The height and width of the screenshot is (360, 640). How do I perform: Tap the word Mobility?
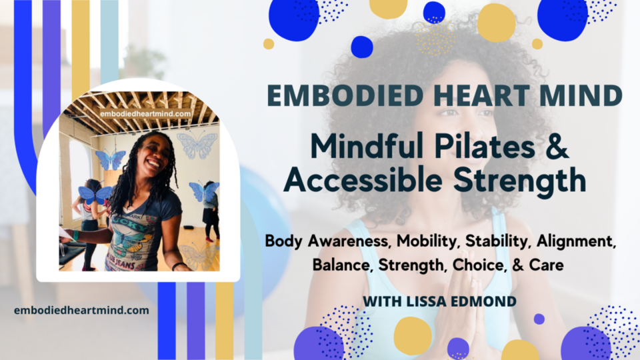[414, 241]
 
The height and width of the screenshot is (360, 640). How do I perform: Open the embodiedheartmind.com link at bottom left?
[81, 311]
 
